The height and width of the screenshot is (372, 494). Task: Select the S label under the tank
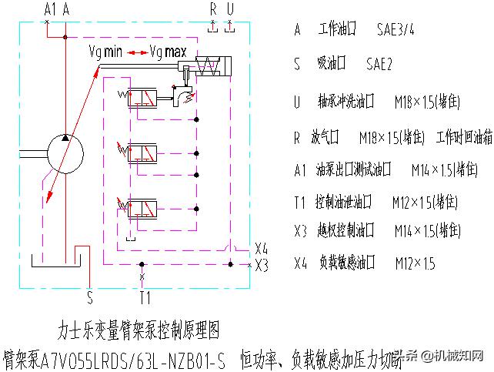(x=89, y=293)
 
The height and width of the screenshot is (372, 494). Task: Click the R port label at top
(x=214, y=9)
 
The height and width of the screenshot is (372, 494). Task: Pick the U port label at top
(x=229, y=9)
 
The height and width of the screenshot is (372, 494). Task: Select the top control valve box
(x=143, y=98)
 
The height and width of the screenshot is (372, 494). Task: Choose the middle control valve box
(x=143, y=150)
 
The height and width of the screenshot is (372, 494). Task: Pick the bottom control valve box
(x=143, y=209)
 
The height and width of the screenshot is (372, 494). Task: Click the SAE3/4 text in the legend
(x=399, y=30)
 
